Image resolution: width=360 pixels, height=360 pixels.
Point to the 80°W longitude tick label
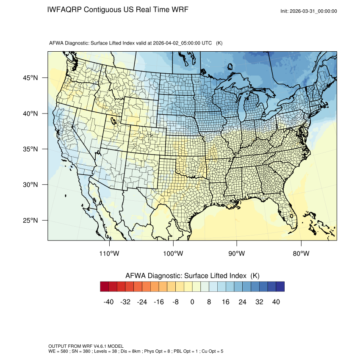[301, 254]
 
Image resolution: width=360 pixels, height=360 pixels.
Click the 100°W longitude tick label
[173, 254]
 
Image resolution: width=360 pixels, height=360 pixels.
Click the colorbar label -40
[108, 302]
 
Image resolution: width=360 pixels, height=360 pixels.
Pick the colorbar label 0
[192, 302]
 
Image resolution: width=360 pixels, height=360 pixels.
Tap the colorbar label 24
[243, 302]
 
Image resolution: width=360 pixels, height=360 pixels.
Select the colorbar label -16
[159, 302]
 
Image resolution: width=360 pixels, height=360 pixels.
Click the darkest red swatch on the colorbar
[105, 287]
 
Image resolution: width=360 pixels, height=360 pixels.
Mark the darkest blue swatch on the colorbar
[280, 287]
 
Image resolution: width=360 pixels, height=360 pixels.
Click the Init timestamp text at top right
[309, 11]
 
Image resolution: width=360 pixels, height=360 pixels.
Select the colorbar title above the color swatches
[192, 275]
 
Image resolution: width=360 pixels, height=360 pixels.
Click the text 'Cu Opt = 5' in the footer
[212, 352]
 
